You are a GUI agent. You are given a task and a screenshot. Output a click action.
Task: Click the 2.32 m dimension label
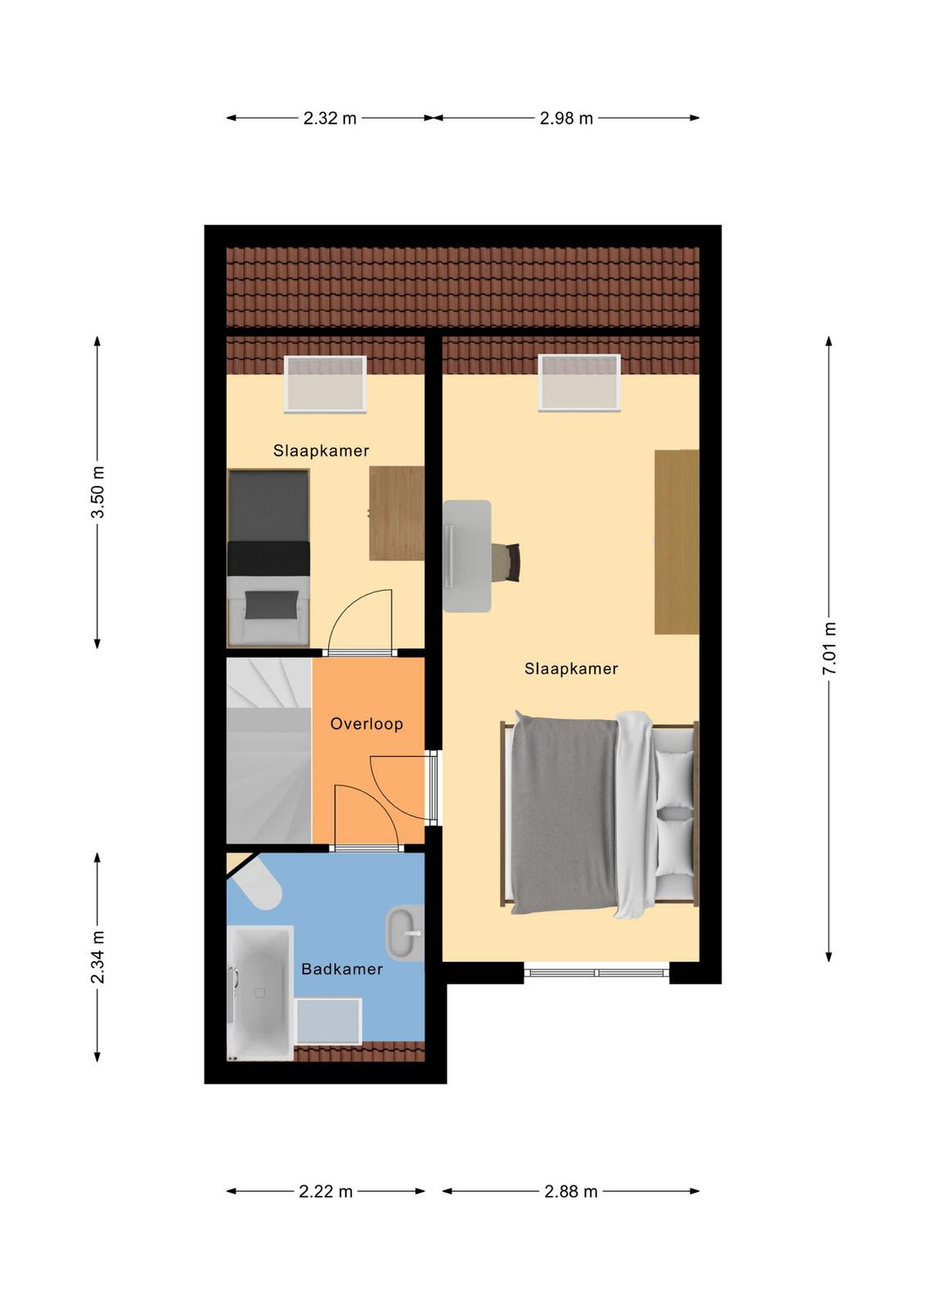coord(330,118)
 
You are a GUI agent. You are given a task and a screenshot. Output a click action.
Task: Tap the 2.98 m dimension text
coord(566,118)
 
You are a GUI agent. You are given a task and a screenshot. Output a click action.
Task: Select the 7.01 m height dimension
coord(829,649)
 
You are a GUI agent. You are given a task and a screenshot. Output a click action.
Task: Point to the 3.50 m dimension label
coord(97,492)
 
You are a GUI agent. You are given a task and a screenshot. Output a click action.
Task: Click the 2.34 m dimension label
coord(97,957)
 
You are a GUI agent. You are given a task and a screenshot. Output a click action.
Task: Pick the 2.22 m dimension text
coord(326,1191)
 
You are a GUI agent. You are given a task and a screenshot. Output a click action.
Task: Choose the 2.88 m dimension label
coord(571,1191)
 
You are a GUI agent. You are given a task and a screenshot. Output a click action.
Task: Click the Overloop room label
coord(366,724)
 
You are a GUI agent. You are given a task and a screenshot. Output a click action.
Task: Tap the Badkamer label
coord(342,969)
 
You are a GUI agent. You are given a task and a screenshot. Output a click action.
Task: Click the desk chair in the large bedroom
coord(506,562)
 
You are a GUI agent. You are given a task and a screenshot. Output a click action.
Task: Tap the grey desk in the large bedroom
coord(467,556)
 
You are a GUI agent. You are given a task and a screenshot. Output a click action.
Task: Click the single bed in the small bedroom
coord(268,558)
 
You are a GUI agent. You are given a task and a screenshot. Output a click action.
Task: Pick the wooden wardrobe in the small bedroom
coord(397,513)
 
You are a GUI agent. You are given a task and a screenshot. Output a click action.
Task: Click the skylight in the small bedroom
coord(326,384)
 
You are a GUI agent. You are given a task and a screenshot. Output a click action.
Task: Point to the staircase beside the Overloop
coord(269,751)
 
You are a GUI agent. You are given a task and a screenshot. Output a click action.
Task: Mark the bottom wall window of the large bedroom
coord(596,973)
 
